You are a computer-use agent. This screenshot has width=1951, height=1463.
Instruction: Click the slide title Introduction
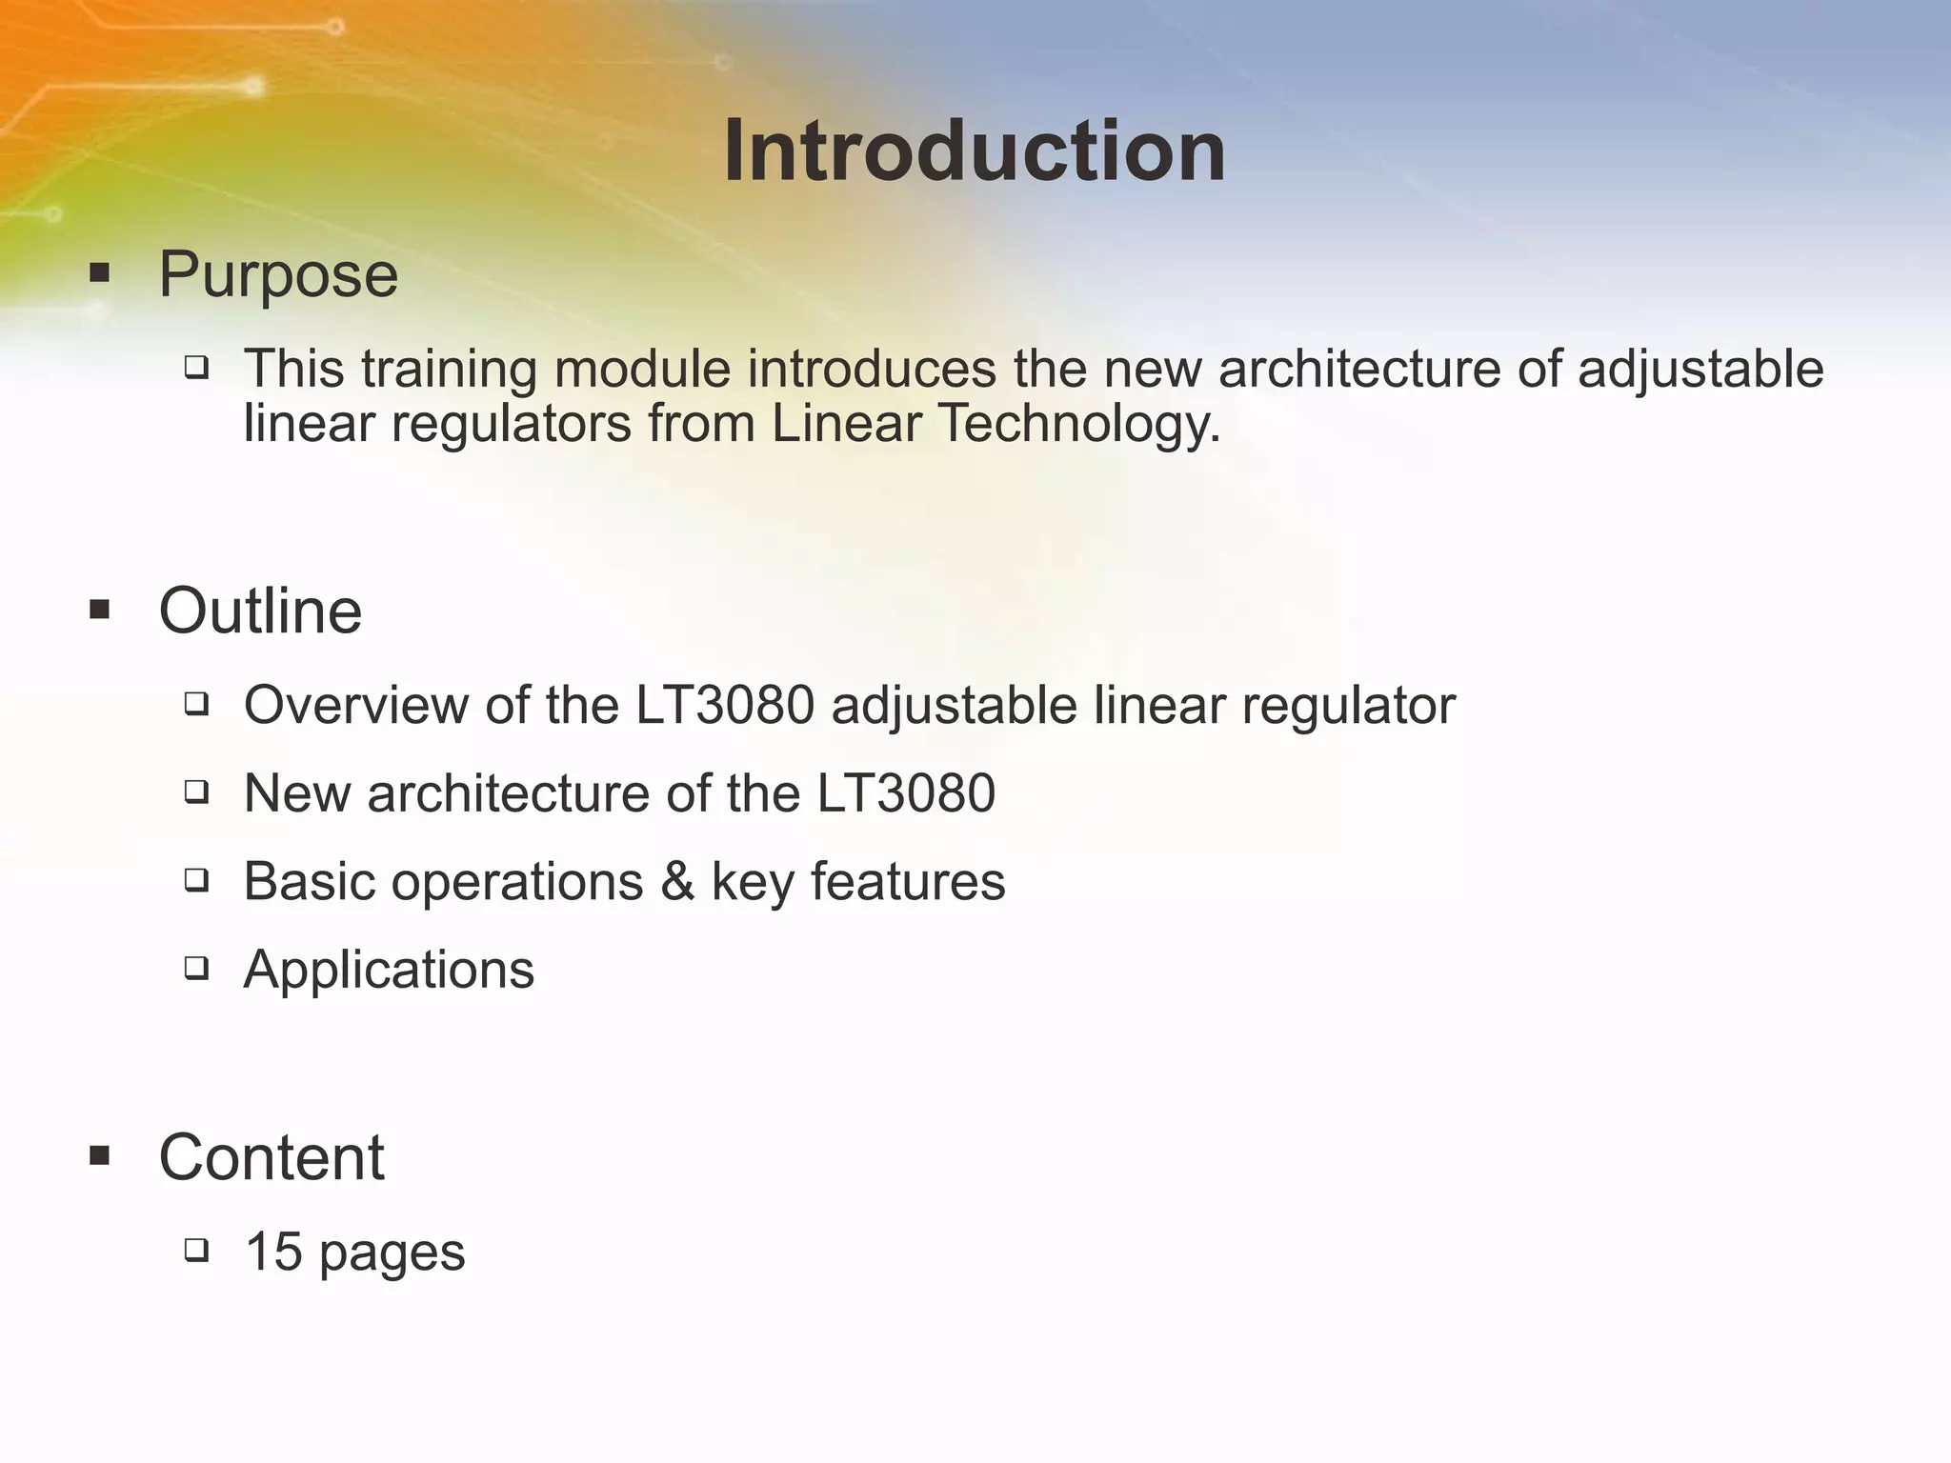974,152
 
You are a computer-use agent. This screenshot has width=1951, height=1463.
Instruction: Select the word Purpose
278,275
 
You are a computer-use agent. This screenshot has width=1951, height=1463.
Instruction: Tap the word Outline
260,611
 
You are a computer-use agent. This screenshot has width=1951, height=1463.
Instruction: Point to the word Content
272,1158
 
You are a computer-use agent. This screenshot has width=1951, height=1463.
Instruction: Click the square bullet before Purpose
99,274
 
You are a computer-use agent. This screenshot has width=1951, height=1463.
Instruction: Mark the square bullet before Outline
99,610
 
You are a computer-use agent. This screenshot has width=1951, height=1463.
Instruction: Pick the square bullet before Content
99,1157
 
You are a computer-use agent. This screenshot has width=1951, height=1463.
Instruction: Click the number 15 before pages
273,1252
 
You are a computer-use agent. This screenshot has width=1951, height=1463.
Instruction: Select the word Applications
389,970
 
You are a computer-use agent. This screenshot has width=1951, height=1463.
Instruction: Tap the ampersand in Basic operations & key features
676,881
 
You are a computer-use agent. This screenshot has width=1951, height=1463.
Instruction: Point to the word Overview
355,706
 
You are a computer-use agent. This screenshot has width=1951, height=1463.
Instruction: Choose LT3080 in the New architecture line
906,793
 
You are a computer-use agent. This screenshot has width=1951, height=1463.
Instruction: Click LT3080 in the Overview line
725,706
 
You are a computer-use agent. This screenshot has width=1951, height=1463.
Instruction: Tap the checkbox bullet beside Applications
196,969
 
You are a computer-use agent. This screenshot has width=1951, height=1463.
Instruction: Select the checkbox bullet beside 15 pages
196,1250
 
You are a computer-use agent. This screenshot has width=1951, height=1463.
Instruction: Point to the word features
908,881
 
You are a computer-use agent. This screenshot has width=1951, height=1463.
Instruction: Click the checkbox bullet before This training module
196,367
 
